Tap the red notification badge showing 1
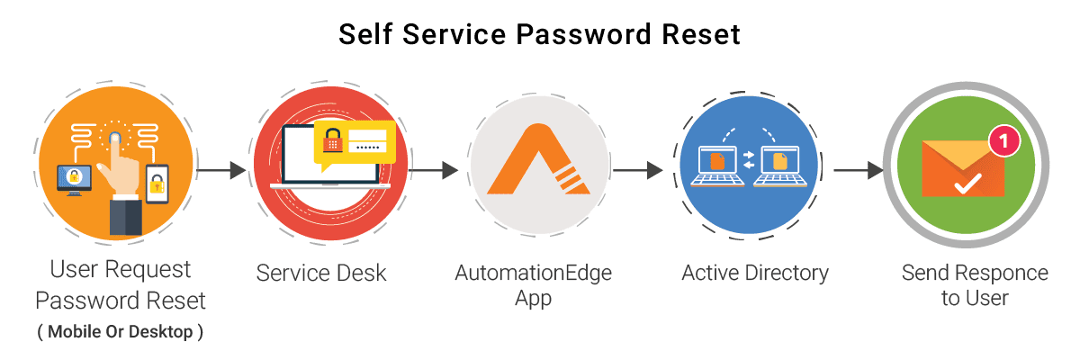coord(1003,140)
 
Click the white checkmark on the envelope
coord(967,185)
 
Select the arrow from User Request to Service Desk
coord(220,168)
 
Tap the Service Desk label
coord(321,273)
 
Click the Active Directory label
coord(754,272)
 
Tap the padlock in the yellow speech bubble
coord(333,141)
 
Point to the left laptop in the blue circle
coord(717,166)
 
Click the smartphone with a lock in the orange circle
coord(157,184)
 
